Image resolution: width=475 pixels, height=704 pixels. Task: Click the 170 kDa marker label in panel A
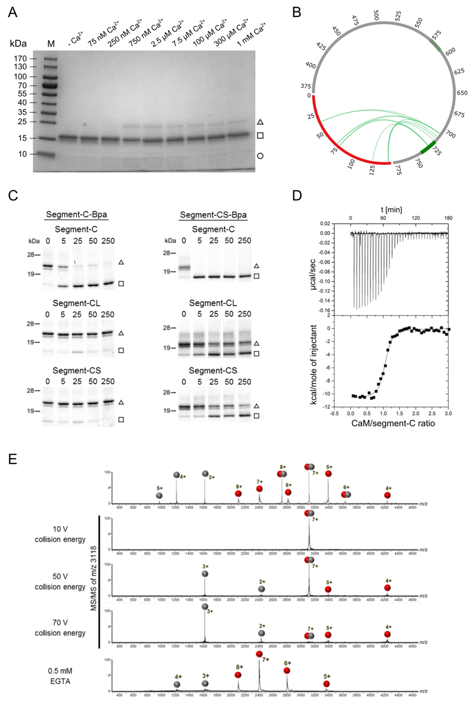pyautogui.click(x=20, y=58)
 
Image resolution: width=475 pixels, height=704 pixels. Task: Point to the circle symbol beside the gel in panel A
pyautogui.click(x=260, y=156)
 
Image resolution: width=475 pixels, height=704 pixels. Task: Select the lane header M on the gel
pyautogui.click(x=51, y=44)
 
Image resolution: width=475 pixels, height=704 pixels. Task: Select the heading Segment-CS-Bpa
pyautogui.click(x=213, y=215)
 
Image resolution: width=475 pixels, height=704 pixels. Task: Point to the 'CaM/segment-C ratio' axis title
pyautogui.click(x=393, y=423)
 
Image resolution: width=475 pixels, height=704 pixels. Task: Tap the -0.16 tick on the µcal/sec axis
pyautogui.click(x=324, y=310)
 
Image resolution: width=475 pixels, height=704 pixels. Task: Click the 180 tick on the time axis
pyautogui.click(x=448, y=218)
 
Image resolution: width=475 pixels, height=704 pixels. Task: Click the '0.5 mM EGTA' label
pyautogui.click(x=60, y=676)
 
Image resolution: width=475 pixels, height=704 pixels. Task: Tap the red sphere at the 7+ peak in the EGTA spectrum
pyautogui.click(x=259, y=654)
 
